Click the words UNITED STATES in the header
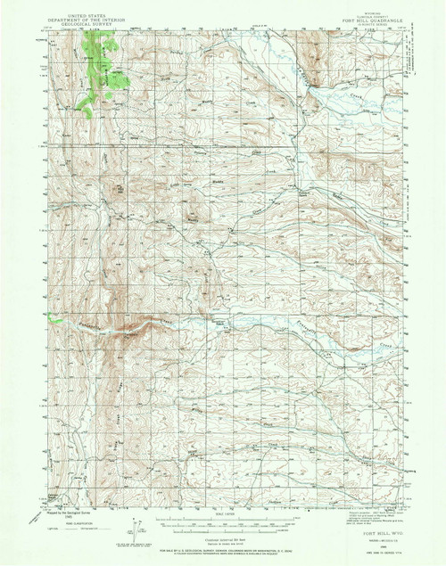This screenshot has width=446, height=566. tap(83, 5)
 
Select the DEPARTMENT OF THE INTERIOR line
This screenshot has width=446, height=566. tap(83, 11)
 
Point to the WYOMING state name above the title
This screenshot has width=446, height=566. tap(354, 4)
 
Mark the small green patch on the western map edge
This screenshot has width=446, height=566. tap(55, 319)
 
